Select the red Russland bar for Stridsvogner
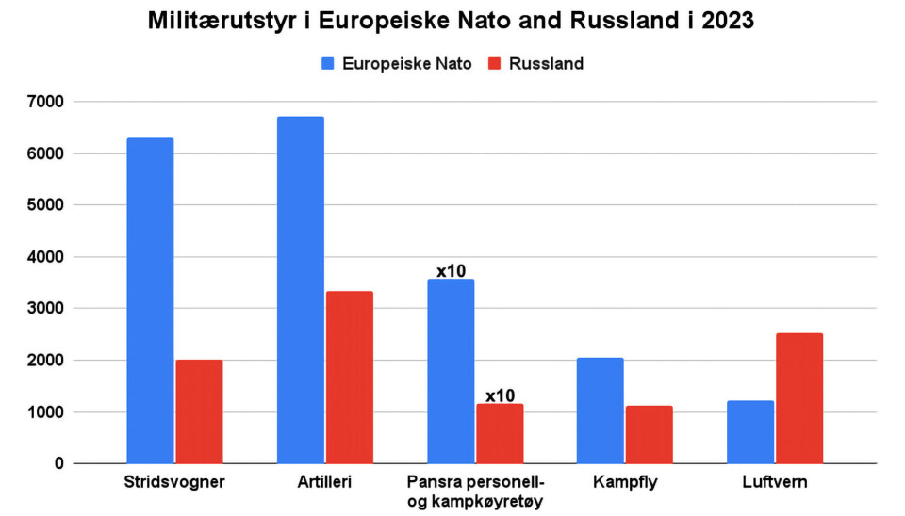click(x=198, y=411)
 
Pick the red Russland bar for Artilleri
click(x=348, y=378)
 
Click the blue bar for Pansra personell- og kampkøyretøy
click(x=450, y=371)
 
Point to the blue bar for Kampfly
click(x=600, y=411)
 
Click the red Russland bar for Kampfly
click(x=649, y=434)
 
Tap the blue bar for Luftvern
click(x=749, y=432)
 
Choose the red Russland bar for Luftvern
click(x=798, y=398)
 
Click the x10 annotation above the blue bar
click(x=451, y=271)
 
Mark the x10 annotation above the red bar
click(x=501, y=395)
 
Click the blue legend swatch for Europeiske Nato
click(x=328, y=64)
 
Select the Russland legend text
click(x=546, y=64)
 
